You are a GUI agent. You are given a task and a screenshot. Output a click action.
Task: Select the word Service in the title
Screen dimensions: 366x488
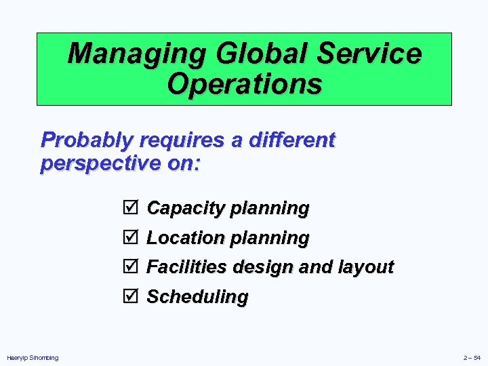pos(368,54)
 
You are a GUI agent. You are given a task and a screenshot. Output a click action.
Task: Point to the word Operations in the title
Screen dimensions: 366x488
pos(244,85)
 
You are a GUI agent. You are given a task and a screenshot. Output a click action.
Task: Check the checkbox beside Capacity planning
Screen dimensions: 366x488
pos(131,208)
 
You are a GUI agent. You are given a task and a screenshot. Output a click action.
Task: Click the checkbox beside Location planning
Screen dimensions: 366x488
pos(131,238)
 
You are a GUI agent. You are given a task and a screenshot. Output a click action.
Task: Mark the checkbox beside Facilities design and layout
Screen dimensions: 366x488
pos(131,267)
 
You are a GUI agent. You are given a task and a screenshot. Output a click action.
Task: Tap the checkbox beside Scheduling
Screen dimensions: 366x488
pos(131,297)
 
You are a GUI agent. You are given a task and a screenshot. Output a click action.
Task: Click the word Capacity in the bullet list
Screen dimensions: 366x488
pos(185,208)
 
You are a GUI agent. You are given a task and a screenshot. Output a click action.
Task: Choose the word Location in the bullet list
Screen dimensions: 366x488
pos(185,238)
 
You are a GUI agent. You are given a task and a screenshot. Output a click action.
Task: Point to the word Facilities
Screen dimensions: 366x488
pos(186,267)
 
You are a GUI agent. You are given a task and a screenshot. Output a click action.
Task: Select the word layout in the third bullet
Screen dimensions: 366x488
pos(366,267)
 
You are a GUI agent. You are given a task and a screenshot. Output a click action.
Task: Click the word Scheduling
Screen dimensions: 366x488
pos(198,297)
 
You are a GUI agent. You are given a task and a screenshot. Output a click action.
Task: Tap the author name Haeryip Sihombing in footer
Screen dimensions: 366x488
pos(33,358)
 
